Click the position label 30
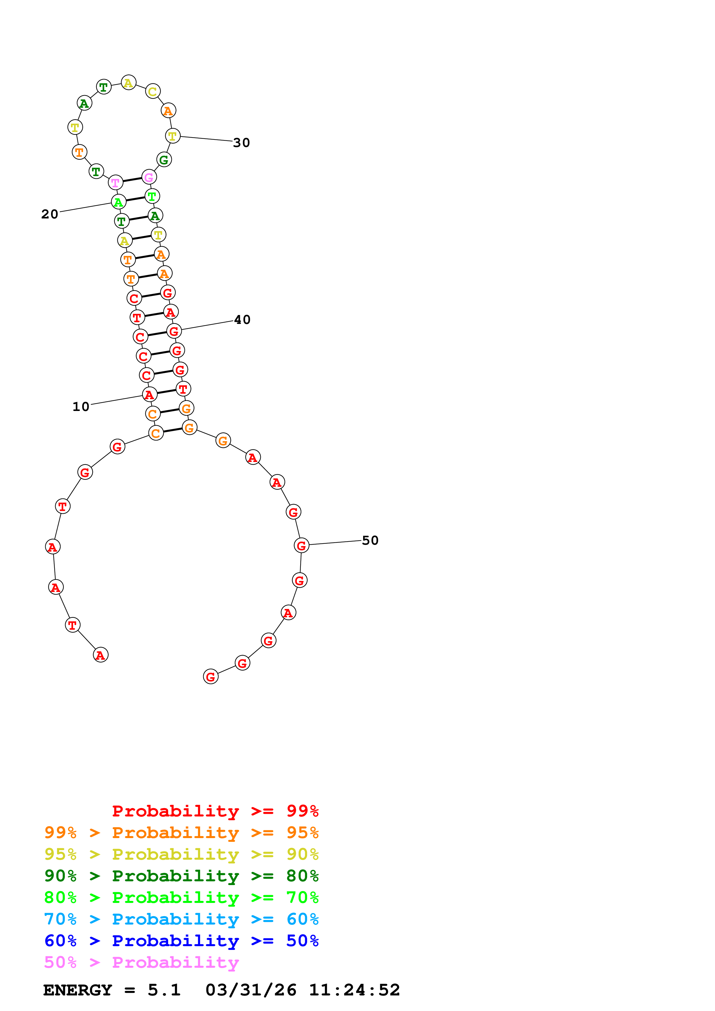[241, 143]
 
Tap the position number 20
[50, 214]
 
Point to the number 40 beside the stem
[242, 320]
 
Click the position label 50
[370, 540]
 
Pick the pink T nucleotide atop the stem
[115, 182]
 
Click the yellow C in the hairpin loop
[152, 92]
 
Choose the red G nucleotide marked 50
[301, 546]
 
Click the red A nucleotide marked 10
[149, 395]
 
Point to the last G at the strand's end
[211, 676]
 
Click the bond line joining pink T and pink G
[132, 180]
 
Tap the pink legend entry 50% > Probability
[141, 962]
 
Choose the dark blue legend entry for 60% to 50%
[181, 941]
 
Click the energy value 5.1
[164, 990]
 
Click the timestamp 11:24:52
[355, 990]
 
